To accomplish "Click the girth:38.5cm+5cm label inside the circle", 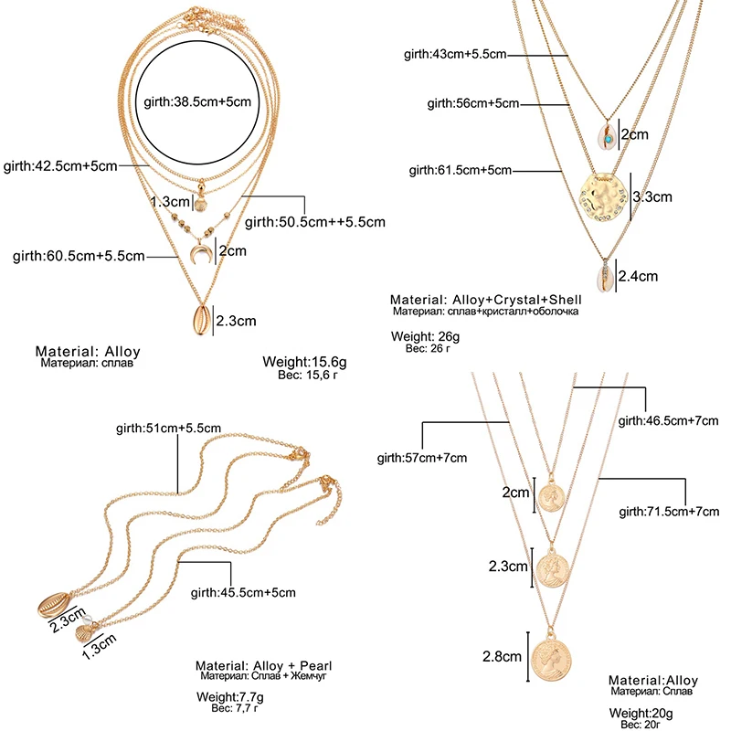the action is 197,101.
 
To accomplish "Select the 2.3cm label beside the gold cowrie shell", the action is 236,321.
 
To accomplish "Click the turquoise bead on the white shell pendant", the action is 608,139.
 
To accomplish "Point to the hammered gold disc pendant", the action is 605,196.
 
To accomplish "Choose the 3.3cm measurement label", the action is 652,196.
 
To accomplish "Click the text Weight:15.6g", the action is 304,362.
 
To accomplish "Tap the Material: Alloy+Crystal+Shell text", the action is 486,300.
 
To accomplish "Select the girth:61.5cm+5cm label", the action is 461,170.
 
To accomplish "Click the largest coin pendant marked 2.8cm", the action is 551,658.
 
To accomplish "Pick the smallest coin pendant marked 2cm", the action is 552,498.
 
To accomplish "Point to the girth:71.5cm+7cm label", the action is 669,512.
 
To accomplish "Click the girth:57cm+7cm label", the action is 422,458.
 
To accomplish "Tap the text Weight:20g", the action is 641,713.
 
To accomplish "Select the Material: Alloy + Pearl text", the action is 263,665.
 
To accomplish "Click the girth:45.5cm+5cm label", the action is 243,592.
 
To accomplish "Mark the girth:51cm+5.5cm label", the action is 168,428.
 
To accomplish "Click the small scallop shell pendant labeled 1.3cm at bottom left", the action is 86,632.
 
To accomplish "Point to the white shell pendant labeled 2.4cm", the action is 604,278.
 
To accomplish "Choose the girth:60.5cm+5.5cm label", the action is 79,256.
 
